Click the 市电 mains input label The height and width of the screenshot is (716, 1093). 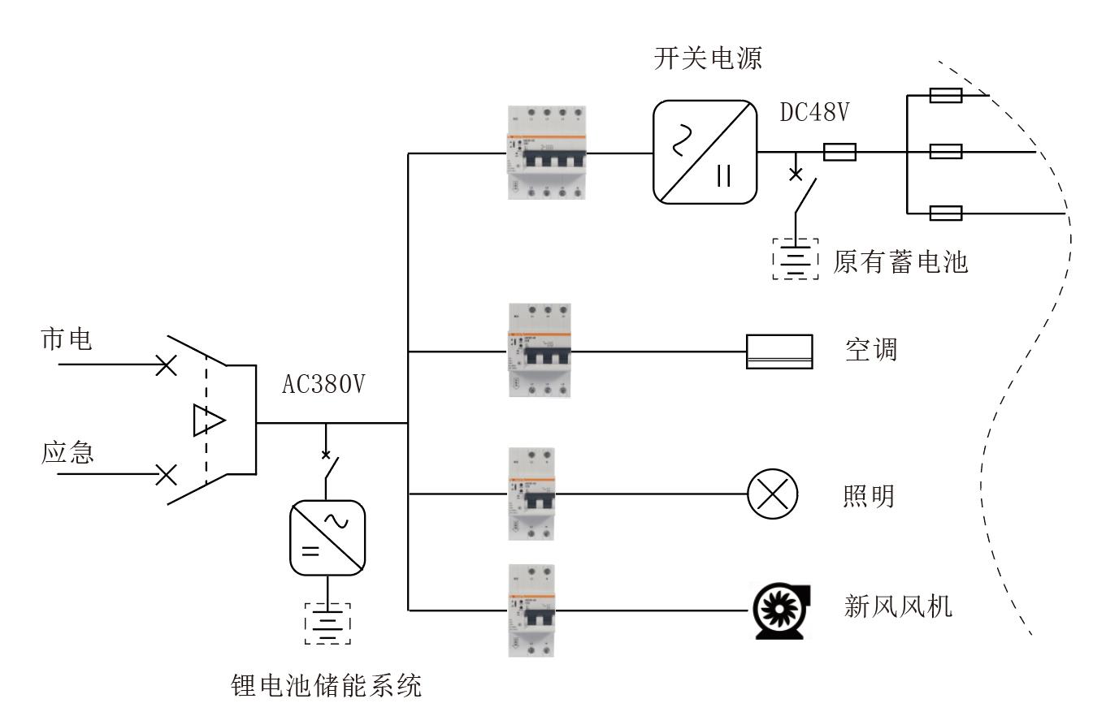(x=67, y=340)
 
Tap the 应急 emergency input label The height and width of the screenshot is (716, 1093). (x=67, y=452)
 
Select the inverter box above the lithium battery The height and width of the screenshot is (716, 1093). (x=327, y=537)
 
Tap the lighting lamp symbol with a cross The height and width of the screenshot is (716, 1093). (x=773, y=494)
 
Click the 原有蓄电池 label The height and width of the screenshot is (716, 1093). (x=900, y=262)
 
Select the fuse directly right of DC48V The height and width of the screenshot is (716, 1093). (x=839, y=151)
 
